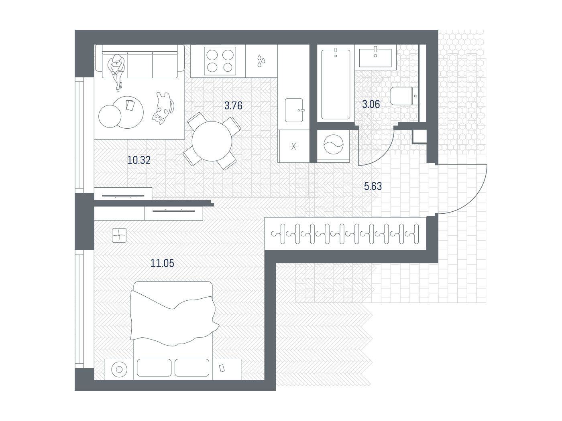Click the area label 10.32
[138, 160]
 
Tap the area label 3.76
[233, 105]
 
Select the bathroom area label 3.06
[371, 104]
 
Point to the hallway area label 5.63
[373, 186]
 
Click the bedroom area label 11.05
[162, 263]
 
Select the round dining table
[212, 141]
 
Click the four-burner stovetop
[220, 61]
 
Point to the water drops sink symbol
[261, 61]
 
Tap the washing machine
[333, 145]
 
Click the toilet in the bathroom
[404, 96]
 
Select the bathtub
[336, 84]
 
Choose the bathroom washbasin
[375, 58]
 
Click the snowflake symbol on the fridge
[294, 146]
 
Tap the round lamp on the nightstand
[119, 369]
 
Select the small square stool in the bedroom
[119, 235]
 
